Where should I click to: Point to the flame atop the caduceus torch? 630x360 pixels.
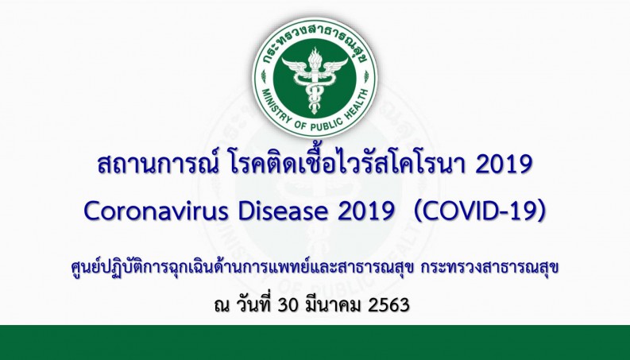click(x=315, y=55)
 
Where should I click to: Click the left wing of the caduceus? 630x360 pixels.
click(x=295, y=66)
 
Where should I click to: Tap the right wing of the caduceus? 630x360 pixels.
click(x=334, y=66)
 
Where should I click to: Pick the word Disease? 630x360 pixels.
click(x=283, y=211)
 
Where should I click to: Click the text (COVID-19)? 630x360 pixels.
click(x=480, y=211)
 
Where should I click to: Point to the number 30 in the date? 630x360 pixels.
click(x=288, y=305)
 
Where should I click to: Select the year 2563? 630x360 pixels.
click(x=388, y=305)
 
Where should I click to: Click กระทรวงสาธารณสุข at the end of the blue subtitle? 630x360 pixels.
click(x=489, y=267)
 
